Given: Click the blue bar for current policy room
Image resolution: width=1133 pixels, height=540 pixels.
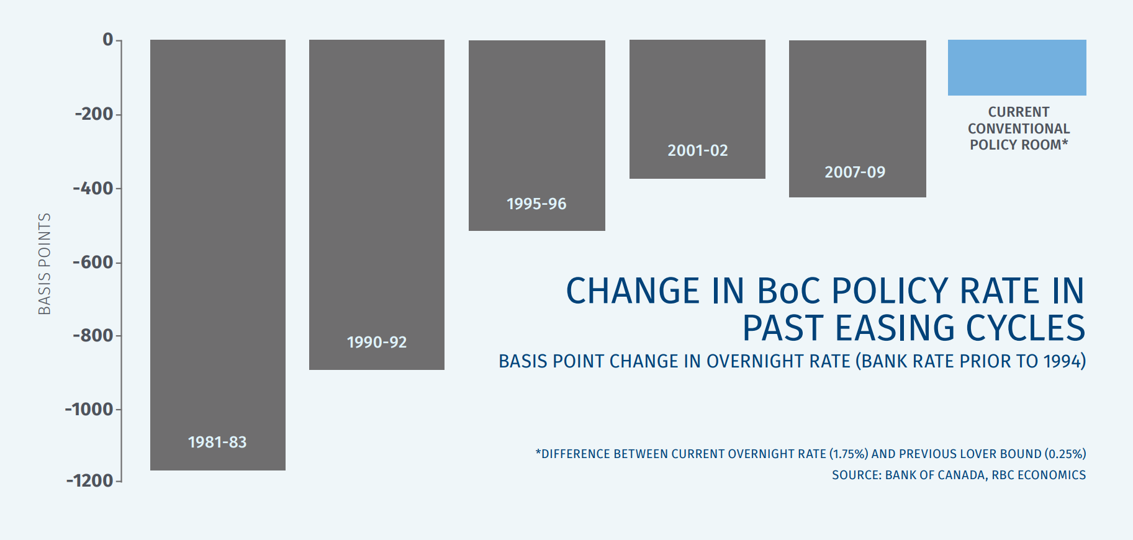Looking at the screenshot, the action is point(1017,68).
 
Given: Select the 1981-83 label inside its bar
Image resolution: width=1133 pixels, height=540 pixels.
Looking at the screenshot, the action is point(217,442).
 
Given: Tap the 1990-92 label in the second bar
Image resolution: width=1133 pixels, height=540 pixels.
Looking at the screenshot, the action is point(377,342).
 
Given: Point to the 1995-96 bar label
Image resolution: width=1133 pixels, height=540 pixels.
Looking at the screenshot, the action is point(536,204).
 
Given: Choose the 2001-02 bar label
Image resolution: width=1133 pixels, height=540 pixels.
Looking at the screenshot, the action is point(698,150).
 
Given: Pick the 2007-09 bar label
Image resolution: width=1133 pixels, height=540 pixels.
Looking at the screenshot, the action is point(855,172).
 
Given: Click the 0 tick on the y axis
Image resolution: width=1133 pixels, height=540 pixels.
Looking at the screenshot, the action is point(108,40).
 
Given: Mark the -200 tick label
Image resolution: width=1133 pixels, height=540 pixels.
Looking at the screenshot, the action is point(94,114).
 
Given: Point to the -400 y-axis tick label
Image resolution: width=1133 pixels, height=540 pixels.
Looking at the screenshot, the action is point(93,188).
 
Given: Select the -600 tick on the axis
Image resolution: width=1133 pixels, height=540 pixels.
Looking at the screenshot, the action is point(93,262).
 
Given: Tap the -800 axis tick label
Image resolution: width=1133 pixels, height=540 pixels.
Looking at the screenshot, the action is point(93,335).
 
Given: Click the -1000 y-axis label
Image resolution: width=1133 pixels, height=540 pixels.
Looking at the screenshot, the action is point(89,409).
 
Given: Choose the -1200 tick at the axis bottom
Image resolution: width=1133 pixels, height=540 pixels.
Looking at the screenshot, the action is point(90,480).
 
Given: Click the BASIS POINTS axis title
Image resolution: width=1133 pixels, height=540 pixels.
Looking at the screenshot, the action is point(44,264).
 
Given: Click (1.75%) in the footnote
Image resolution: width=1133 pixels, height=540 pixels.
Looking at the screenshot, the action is point(849,454).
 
